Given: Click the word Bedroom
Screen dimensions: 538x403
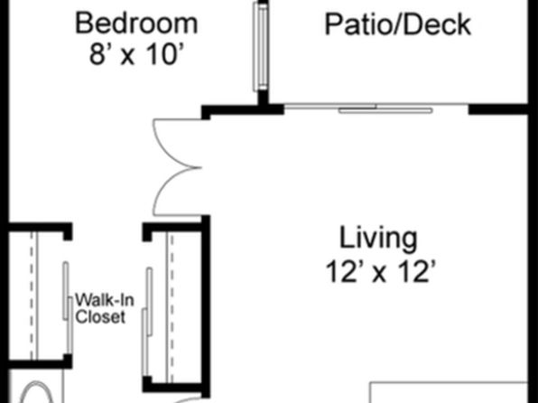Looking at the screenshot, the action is click(136, 23).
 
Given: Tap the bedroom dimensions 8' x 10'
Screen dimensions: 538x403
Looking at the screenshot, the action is click(134, 54).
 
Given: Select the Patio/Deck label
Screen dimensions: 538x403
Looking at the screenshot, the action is click(398, 24).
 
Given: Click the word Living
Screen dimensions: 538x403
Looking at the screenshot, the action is click(378, 239).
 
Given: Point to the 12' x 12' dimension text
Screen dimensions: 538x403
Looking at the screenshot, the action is click(381, 271).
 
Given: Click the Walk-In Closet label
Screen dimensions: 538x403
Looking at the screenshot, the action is click(105, 308).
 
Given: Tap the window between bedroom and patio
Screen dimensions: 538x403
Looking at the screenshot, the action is click(261, 47).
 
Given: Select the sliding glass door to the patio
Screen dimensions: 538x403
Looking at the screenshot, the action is click(376, 108).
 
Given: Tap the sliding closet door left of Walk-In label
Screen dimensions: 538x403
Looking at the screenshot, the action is click(68, 307).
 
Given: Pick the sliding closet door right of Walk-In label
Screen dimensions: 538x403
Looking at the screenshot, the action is click(147, 322).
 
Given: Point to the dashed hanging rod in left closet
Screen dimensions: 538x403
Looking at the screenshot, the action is click(32, 296).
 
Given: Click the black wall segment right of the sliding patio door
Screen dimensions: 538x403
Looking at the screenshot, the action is click(498, 109).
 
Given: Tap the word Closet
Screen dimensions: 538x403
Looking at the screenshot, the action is click(100, 317).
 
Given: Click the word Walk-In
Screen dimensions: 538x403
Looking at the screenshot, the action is click(105, 300).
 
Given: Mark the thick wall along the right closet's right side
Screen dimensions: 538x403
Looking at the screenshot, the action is click(206, 305).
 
